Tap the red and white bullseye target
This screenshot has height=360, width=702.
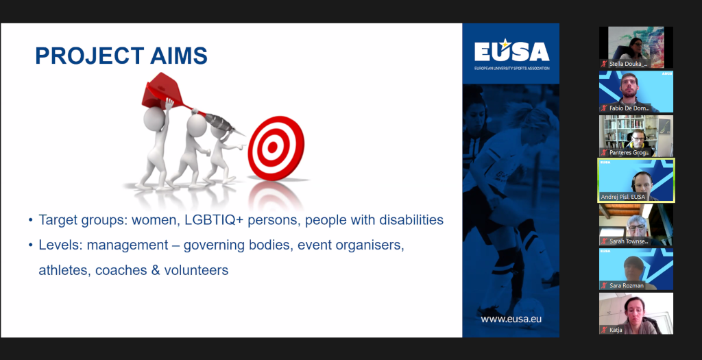click(x=275, y=147)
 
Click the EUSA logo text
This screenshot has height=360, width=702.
click(x=511, y=51)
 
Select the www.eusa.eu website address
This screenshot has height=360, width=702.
click(x=511, y=319)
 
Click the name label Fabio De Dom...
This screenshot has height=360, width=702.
click(x=629, y=108)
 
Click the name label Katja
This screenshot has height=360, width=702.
click(x=616, y=329)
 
